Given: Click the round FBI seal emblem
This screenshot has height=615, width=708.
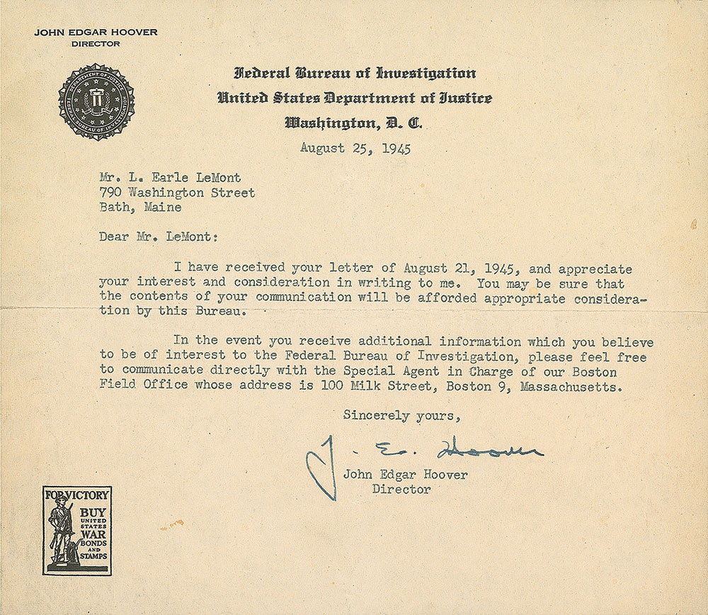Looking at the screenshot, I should click(96, 102).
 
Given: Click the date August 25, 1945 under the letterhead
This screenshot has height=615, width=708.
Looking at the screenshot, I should click(355, 148).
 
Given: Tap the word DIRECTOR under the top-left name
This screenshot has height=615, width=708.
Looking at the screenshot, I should click(96, 44).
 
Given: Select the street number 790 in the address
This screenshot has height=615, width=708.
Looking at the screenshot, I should click(110, 192).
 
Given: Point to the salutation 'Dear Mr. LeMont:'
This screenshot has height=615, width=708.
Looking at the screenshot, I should click(156, 237).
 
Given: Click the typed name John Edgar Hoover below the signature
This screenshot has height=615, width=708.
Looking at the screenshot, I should click(405, 475).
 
